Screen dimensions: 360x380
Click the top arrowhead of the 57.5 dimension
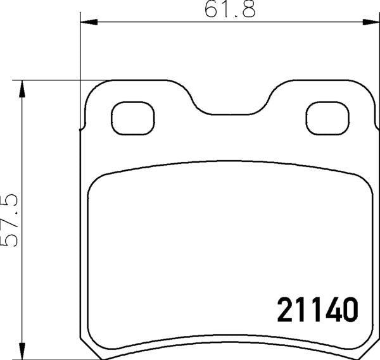pos(23,89)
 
